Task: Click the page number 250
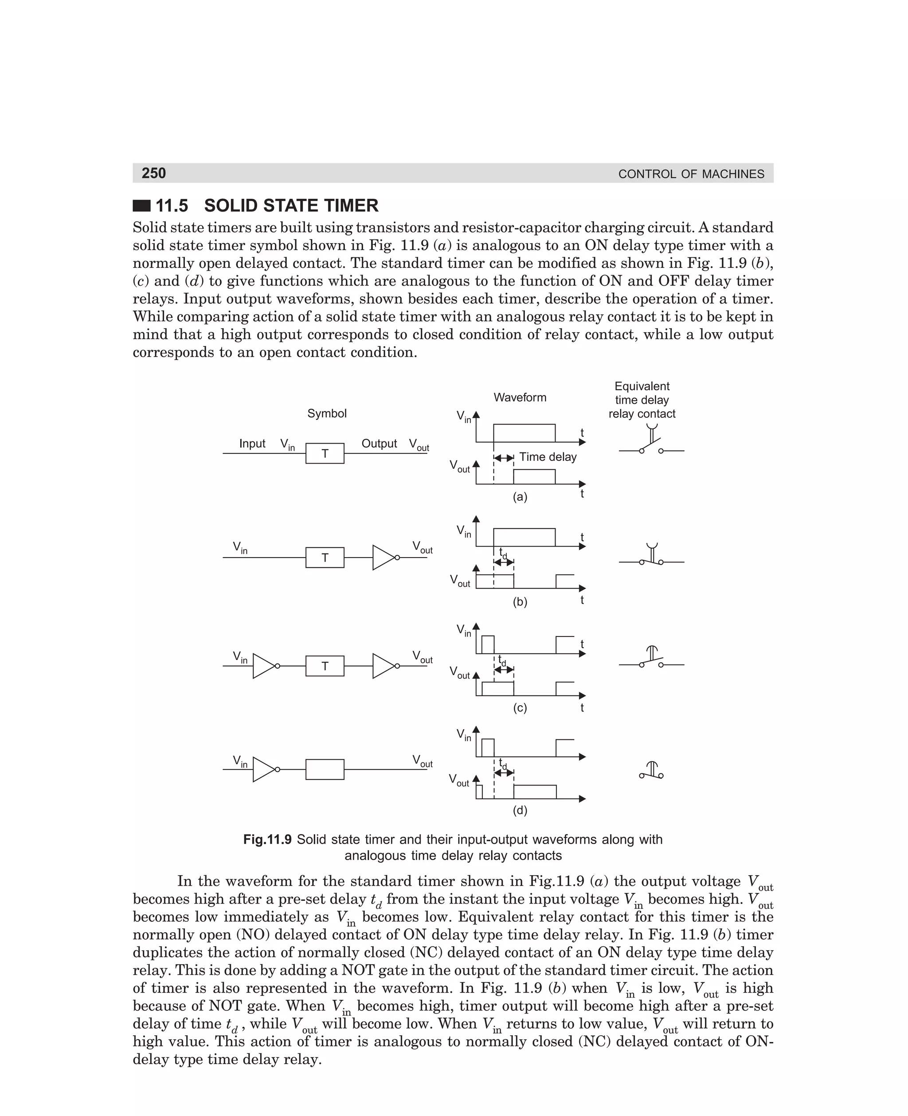(x=154, y=173)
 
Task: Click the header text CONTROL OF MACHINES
(x=691, y=174)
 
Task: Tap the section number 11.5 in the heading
(x=172, y=206)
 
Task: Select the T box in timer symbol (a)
(x=325, y=454)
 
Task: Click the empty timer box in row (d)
(x=325, y=770)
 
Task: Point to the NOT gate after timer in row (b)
(x=385, y=558)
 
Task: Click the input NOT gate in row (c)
(x=265, y=666)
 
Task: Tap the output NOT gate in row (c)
(x=385, y=666)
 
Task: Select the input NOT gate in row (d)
(x=265, y=770)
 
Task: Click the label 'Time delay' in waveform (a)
(x=548, y=457)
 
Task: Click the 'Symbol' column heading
(x=327, y=413)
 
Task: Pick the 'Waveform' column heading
(x=520, y=397)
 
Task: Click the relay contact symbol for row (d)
(x=651, y=770)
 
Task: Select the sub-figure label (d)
(x=520, y=810)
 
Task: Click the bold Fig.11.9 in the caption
(x=267, y=840)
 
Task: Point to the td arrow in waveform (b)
(x=504, y=562)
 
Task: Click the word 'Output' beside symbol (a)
(x=379, y=444)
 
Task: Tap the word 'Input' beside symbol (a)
(x=252, y=444)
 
